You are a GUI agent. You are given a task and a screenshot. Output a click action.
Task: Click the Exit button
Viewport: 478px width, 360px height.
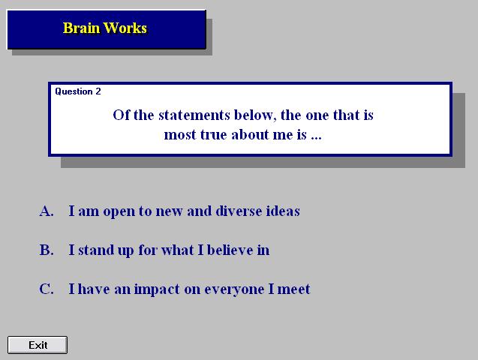38,345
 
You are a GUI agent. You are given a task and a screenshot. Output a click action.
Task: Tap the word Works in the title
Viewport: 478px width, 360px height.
125,28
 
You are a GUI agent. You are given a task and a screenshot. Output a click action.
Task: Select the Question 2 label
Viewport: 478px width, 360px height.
78,91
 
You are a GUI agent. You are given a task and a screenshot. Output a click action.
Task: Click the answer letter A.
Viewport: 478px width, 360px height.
47,211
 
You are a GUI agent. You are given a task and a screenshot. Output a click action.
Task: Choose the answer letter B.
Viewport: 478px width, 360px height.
47,250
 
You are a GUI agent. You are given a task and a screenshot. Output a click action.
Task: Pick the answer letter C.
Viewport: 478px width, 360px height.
47,289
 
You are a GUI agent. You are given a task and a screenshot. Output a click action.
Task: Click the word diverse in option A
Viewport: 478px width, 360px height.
239,211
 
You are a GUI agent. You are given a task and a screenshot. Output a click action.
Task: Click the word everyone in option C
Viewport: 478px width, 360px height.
234,289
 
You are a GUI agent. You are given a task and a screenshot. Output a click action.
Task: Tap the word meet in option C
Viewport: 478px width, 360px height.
293,289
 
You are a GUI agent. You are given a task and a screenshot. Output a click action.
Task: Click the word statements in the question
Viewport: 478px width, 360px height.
194,115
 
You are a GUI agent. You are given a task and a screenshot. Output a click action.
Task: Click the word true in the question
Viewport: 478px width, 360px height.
214,134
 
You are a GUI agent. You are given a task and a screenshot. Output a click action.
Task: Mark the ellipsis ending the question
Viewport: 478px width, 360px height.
316,138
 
